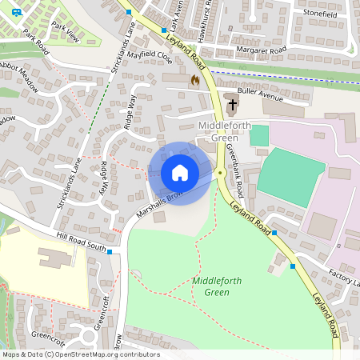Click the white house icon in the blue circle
180,173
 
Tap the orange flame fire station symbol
194,80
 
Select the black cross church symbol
232,103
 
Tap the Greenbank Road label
234,170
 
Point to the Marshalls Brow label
160,204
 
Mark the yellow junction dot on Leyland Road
219,172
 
